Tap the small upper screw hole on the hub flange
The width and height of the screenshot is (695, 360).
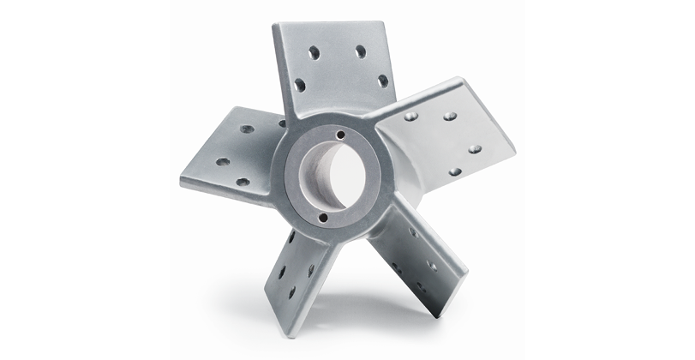340,135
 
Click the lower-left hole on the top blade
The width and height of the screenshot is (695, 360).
300,84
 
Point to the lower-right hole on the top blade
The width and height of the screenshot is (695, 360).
382,81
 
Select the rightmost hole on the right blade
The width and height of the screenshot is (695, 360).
475,148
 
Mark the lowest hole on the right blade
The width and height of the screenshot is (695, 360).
455,171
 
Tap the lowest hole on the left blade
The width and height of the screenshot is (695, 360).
243,182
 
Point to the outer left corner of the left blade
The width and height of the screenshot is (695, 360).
181,183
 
